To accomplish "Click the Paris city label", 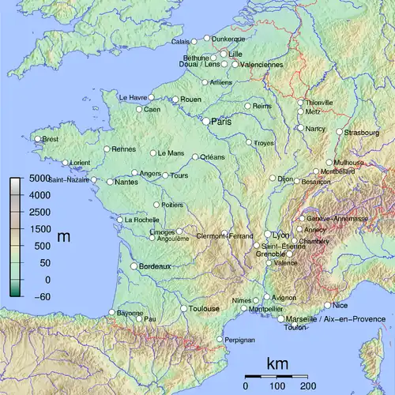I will pyautogui.click(x=222, y=122).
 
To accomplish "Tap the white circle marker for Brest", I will pyautogui.click(x=37, y=139).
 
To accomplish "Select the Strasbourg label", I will pyautogui.click(x=363, y=132).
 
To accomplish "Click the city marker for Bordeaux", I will pyautogui.click(x=134, y=267).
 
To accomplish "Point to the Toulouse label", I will pyautogui.click(x=204, y=309).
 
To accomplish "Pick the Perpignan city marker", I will pyautogui.click(x=220, y=340).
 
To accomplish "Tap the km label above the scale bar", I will pyautogui.click(x=277, y=364).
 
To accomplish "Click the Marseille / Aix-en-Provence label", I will pyautogui.click(x=332, y=318).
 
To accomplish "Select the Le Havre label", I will pyautogui.click(x=133, y=97).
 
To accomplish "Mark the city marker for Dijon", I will pyautogui.click(x=272, y=179).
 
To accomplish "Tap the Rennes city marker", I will pyautogui.click(x=107, y=149).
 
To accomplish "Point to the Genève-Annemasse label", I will pyautogui.click(x=338, y=218).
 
